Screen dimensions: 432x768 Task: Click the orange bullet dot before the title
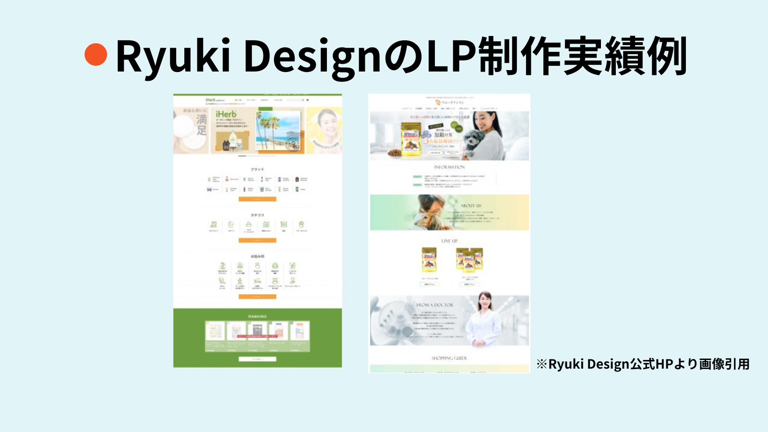[96, 54]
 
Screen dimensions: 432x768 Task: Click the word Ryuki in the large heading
[172, 56]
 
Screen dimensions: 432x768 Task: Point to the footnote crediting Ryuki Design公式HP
[643, 364]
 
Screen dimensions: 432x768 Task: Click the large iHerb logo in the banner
[226, 114]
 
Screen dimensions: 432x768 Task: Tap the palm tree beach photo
[279, 130]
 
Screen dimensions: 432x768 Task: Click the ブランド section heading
[257, 169]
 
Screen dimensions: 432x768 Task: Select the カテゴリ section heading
[257, 215]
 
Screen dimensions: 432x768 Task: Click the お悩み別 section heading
[257, 256]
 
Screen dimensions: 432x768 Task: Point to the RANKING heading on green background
[257, 316]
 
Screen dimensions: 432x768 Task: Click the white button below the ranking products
[257, 359]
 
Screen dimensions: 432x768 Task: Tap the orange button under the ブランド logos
[257, 199]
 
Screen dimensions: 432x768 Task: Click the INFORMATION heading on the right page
[449, 167]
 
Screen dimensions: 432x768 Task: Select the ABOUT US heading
[470, 205]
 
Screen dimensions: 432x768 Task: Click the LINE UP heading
[449, 241]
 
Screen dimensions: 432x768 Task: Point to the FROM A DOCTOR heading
[434, 305]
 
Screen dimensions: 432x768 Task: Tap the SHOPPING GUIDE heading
[449, 358]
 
